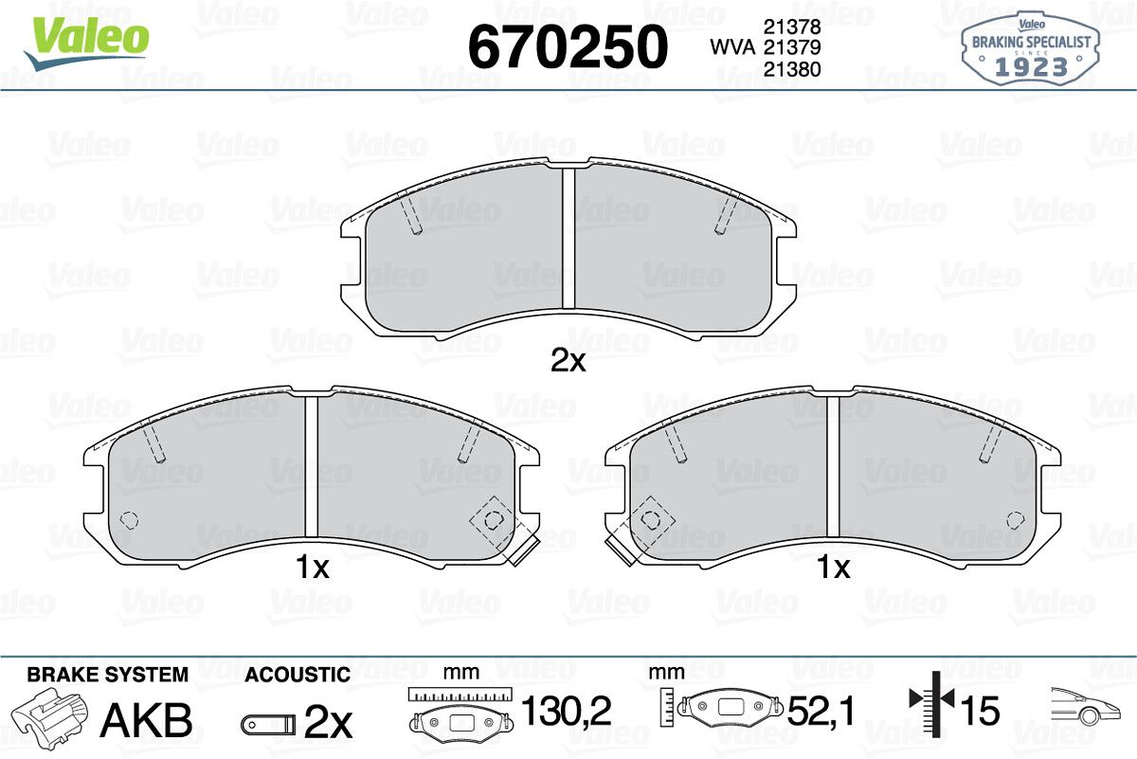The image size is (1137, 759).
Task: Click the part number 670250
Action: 568,46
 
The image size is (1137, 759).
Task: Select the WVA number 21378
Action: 792,27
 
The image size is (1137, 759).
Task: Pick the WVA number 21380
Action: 792,69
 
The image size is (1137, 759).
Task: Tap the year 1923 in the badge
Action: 1031,66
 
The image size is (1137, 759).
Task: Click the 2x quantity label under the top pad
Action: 568,361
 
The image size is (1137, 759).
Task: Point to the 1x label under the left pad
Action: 312,567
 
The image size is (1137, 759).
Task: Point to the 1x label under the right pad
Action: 833,567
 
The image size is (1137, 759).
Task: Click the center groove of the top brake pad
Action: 568,238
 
